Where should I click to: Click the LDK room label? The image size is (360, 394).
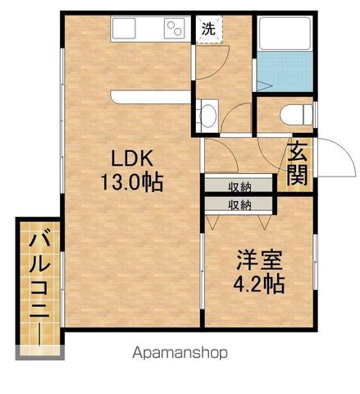pyautogui.click(x=132, y=158)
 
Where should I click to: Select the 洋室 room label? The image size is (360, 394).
pyautogui.click(x=259, y=260)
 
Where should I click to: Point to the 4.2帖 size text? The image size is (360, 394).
pyautogui.click(x=259, y=284)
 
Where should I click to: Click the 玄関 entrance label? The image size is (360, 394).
pyautogui.click(x=297, y=165)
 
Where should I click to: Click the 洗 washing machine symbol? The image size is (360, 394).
pyautogui.click(x=208, y=29)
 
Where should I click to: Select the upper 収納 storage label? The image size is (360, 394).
pyautogui.click(x=239, y=187)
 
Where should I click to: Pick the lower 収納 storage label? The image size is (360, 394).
pyautogui.click(x=239, y=205)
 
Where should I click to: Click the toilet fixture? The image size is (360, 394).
pyautogui.click(x=297, y=115)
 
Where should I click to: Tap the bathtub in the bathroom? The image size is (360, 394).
pyautogui.click(x=285, y=34)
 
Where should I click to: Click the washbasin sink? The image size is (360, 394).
pyautogui.click(x=207, y=116)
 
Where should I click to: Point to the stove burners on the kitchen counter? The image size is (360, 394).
pyautogui.click(x=174, y=29)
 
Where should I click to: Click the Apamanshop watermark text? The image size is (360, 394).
pyautogui.click(x=180, y=353)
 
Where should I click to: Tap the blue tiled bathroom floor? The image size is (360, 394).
pyautogui.click(x=285, y=71)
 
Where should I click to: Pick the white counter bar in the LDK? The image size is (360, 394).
pyautogui.click(x=151, y=97)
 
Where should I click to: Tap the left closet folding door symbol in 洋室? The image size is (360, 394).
pyautogui.click(x=213, y=222)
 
